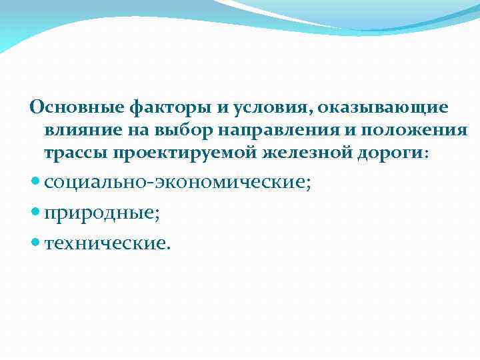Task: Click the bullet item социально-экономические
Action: coord(177,183)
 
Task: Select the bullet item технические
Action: coord(107,243)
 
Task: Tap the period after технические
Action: coord(169,248)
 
